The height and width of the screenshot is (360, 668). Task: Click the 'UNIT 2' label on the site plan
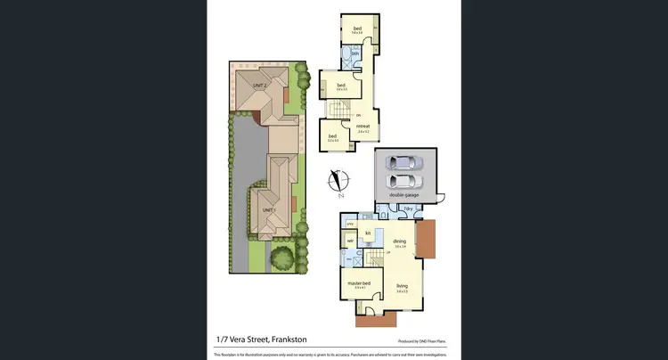coord(259,86)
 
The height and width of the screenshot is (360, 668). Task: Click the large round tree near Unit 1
coord(282,258)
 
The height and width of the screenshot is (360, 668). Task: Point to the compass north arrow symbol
coord(338,181)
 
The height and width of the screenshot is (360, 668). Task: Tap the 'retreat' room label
coord(363,127)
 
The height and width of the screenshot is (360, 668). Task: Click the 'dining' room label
coord(399,241)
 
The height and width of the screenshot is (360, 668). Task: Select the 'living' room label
coord(402,286)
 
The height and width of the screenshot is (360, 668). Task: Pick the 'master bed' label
coord(359,283)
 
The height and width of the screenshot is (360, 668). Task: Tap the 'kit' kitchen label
coord(367,233)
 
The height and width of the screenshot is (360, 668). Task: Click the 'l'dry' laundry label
coord(408,209)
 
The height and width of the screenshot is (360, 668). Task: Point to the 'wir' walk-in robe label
coord(350,241)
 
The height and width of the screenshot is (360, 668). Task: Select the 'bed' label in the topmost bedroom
coord(357,29)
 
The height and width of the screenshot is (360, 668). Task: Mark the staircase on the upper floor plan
coord(338,110)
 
